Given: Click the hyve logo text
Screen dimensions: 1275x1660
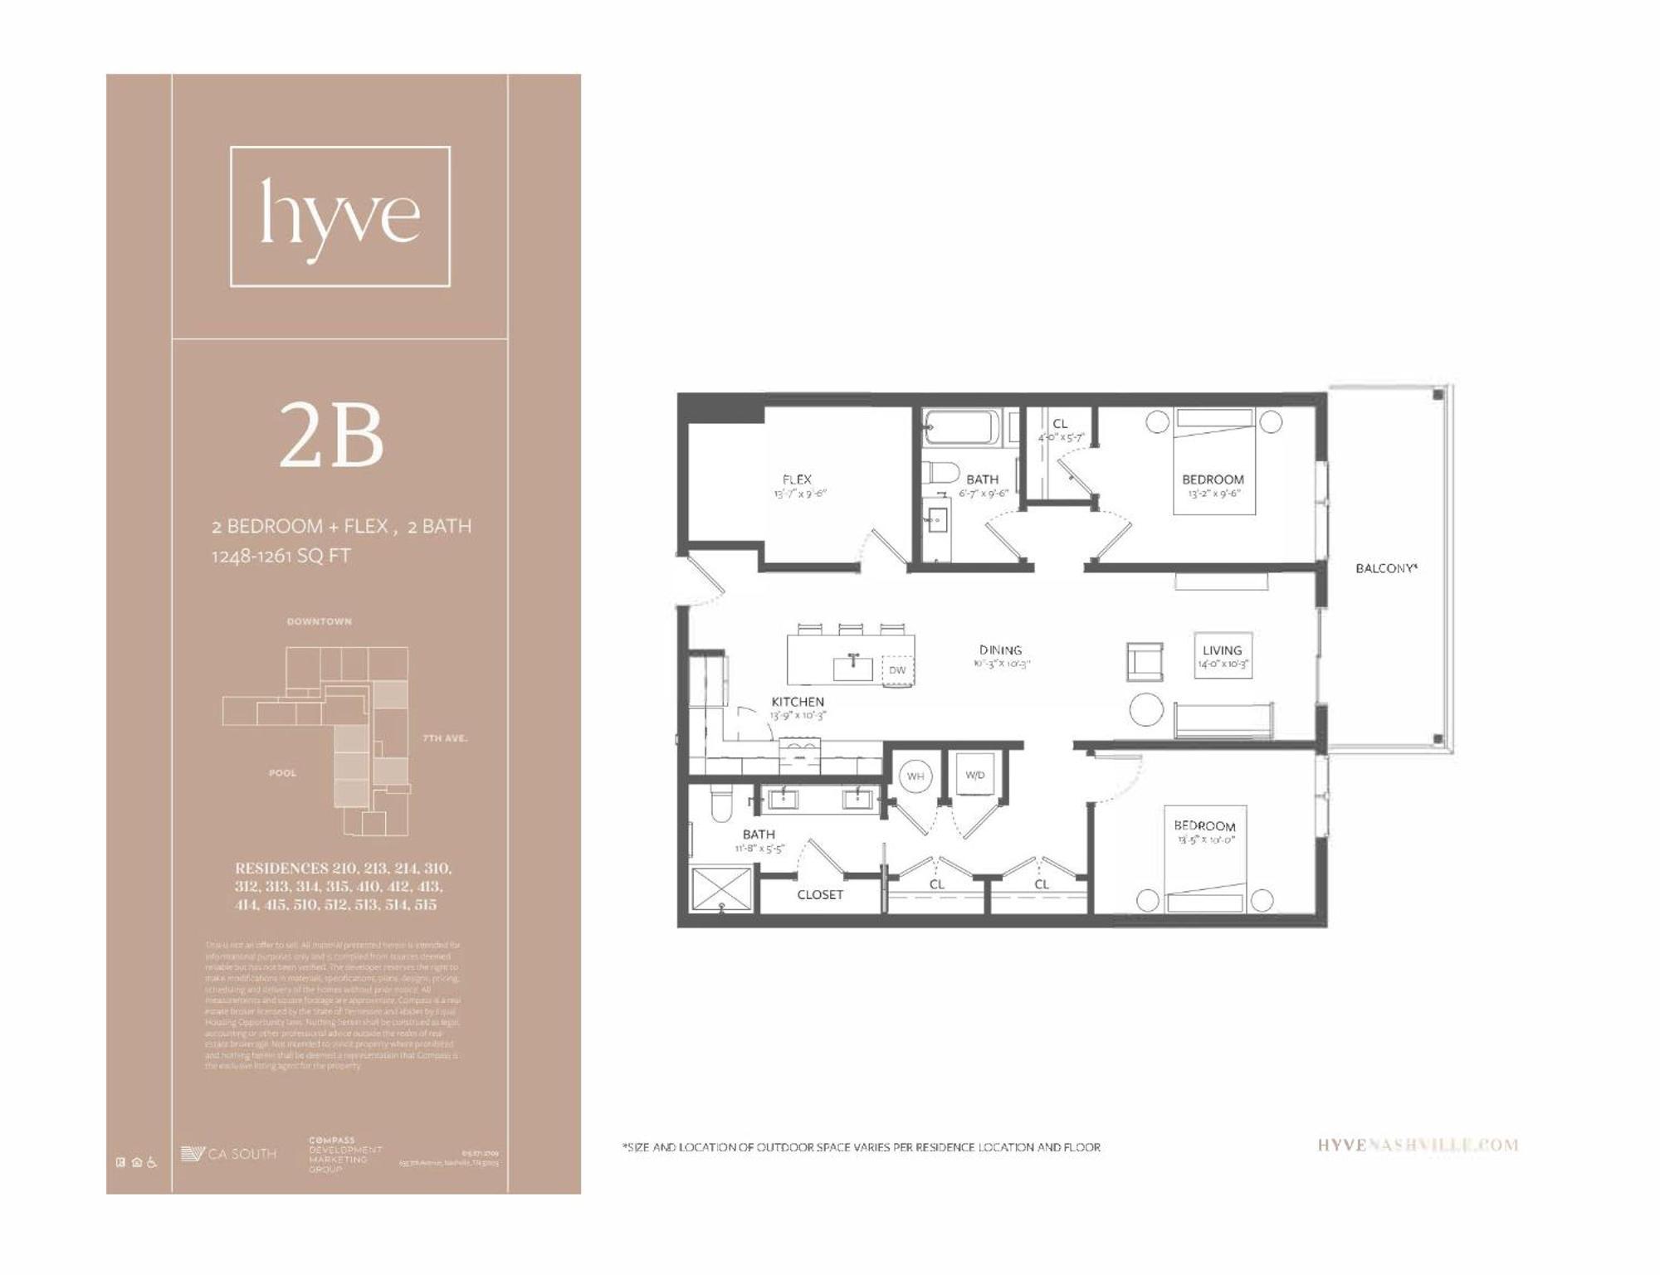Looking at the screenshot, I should coord(339,216).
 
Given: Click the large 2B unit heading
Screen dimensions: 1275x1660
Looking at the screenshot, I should coord(331,436).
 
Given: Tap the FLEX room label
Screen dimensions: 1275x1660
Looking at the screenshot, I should coord(798,479).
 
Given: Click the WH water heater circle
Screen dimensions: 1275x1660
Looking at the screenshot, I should coord(915,776).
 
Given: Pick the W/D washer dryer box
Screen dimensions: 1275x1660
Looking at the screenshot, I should coord(975,776).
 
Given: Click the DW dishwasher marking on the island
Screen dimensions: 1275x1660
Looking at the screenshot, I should coord(897,670).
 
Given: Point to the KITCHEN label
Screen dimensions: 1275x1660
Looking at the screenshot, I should coord(798,702).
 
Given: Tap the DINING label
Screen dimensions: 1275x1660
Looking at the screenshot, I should coord(1000,650).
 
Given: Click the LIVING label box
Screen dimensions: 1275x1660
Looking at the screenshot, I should coord(1222,655).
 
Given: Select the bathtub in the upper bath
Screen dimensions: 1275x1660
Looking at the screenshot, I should coord(964,428).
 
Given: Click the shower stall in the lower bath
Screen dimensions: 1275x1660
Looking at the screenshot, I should coord(721,891).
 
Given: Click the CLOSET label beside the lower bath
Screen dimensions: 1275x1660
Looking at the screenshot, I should coord(820,895).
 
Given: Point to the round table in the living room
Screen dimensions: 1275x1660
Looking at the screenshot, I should coord(1148,710).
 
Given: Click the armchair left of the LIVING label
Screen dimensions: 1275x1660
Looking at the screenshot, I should coord(1145,662).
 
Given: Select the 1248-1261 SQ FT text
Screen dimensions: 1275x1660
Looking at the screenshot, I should coord(281,556).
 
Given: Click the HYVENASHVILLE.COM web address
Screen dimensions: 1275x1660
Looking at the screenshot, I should coord(1418,1146).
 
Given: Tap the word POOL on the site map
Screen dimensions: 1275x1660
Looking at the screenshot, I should coord(282,773).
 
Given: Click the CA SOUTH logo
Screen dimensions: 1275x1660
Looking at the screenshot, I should coord(229,1154).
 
